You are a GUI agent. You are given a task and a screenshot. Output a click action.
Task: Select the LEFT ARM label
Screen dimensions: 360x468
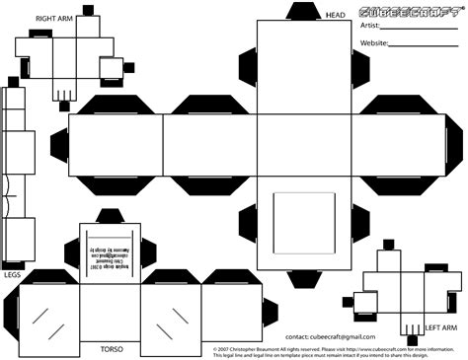coord(440,326)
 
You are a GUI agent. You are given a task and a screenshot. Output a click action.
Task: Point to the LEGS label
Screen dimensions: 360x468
coord(12,275)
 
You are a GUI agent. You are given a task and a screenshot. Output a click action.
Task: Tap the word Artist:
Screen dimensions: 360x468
coord(369,26)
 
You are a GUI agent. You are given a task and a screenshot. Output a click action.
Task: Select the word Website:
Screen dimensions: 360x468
coord(374,43)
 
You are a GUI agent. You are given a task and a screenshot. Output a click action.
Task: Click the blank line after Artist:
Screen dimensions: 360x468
coord(420,29)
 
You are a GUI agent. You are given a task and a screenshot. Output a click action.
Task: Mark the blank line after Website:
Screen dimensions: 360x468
coord(425,46)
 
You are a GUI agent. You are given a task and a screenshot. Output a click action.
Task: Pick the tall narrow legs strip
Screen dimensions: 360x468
coord(13,174)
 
